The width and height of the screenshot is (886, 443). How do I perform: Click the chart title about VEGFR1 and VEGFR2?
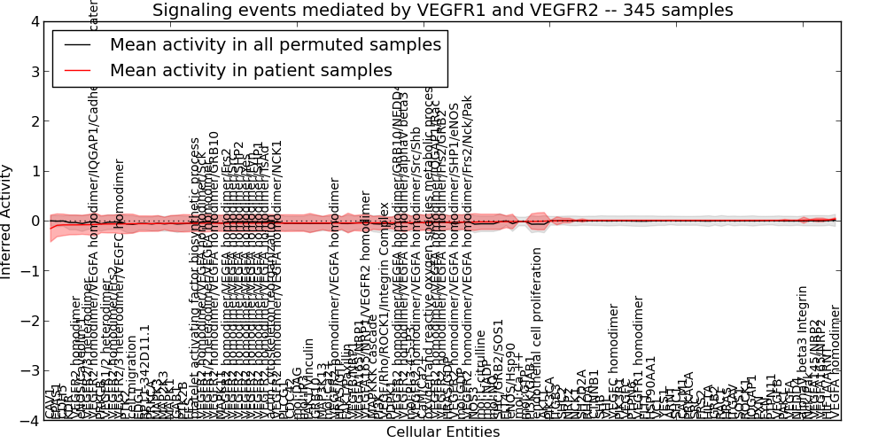pos(442,11)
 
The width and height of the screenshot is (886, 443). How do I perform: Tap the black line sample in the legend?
pos(78,45)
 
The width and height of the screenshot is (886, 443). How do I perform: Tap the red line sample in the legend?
pos(78,71)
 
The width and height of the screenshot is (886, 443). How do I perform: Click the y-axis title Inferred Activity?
pos(8,221)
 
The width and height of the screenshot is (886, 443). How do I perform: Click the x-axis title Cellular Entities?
pos(442,432)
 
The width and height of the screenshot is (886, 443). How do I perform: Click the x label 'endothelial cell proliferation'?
pos(537,333)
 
